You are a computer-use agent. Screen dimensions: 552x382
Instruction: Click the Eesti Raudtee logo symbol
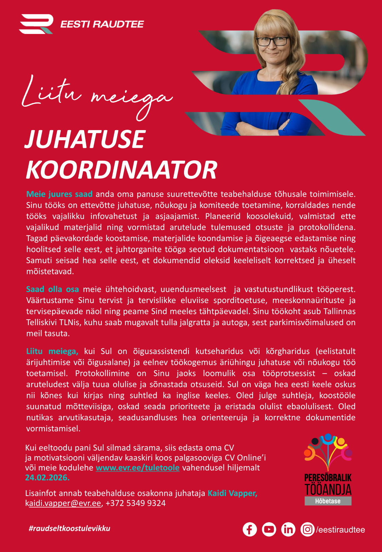[36, 24]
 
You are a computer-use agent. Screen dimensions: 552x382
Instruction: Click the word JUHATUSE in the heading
[85, 139]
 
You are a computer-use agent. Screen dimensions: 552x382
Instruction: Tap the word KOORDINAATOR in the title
[122, 170]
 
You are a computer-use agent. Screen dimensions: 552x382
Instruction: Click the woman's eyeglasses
[272, 41]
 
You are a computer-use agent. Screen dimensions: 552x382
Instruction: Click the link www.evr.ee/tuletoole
[138, 468]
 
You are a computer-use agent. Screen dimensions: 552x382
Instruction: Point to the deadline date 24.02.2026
[47, 478]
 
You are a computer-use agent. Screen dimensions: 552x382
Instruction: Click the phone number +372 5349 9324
[135, 503]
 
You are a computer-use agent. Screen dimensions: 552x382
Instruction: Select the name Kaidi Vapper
[232, 493]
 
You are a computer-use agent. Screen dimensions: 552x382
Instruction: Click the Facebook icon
[250, 529]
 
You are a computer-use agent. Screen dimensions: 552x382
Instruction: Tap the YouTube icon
[269, 529]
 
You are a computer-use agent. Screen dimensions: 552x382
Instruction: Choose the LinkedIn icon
[288, 529]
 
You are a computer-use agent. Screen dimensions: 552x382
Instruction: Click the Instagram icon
[307, 529]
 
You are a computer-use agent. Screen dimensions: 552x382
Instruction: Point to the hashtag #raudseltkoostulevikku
[70, 528]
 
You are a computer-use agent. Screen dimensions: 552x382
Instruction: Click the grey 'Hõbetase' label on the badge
[328, 501]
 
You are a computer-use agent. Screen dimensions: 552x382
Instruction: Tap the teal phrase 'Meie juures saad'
[59, 194]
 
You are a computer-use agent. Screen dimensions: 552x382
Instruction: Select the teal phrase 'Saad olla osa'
[53, 289]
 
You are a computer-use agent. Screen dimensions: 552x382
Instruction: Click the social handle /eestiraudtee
[340, 530]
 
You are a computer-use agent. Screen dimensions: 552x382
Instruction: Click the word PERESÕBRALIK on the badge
[328, 478]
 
